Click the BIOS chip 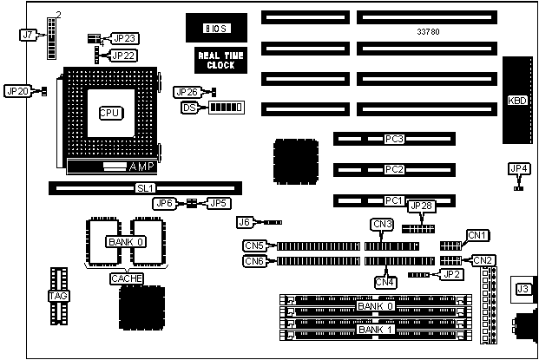(x=214, y=29)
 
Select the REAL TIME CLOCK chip (x=214, y=60)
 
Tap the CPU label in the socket (x=108, y=113)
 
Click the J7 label (x=29, y=36)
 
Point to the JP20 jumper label (x=17, y=91)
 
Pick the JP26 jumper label (x=187, y=92)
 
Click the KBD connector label (x=516, y=100)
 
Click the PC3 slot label (x=395, y=139)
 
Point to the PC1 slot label (x=395, y=200)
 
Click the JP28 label (x=420, y=206)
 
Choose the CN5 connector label (x=254, y=245)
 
